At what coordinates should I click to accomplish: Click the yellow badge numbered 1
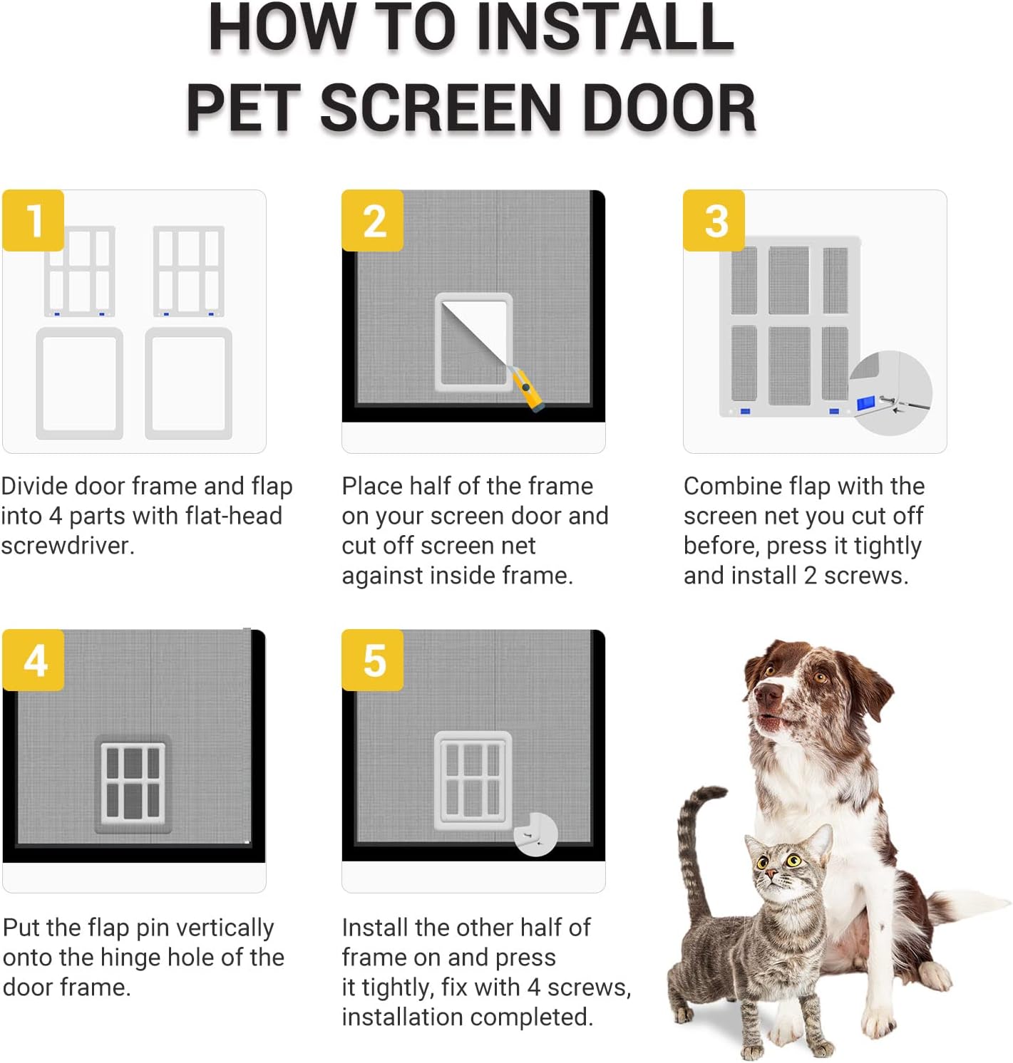33,220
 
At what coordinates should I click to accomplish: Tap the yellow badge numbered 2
372,220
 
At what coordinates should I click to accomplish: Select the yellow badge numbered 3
714,220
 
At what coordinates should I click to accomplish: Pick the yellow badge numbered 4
33,660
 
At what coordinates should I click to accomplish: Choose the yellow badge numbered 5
372,660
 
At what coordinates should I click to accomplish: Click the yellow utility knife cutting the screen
526,388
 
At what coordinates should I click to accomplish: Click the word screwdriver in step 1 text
68,546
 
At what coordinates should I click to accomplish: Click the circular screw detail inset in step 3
890,393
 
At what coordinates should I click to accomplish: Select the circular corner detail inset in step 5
535,834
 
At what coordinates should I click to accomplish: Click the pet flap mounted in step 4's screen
133,784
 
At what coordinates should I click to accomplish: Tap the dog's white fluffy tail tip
979,903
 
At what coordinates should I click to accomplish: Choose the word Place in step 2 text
370,486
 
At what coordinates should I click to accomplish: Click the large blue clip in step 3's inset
866,403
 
